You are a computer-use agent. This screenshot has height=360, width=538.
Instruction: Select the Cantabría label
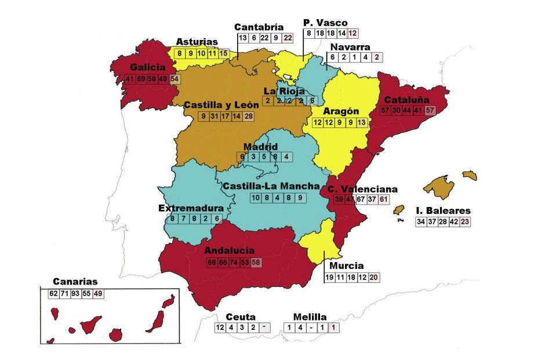coord(259,27)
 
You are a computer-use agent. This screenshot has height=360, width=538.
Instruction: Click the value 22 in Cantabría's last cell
coord(288,38)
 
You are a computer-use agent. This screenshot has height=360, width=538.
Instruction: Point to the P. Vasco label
coord(325,23)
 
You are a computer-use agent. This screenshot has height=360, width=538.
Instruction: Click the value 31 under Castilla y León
coord(214,117)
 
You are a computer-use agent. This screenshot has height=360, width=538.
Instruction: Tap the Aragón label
coord(341,111)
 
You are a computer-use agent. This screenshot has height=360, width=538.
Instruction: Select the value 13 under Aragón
coord(362,122)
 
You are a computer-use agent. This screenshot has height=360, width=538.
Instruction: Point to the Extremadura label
coord(191,208)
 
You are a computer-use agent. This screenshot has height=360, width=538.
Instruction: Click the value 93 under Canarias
coord(75,293)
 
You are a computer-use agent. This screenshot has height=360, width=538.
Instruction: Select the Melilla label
coord(310,317)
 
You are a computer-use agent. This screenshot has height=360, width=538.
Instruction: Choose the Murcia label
coord(346,266)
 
